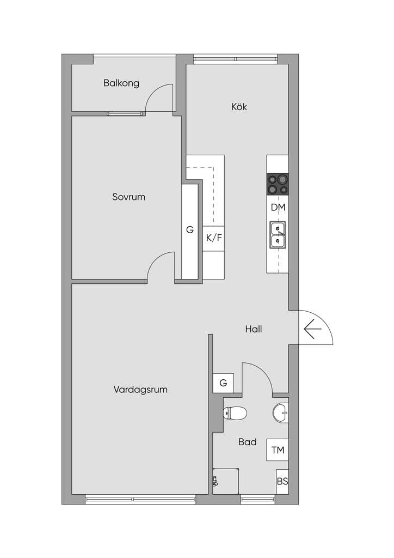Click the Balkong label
[x=121, y=83]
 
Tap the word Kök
[x=239, y=106]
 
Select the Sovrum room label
[x=128, y=197]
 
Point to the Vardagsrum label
[x=140, y=389]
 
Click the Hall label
[x=253, y=329]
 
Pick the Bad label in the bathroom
[x=247, y=442]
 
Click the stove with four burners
[x=278, y=184]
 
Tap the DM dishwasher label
[x=278, y=208]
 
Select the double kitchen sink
[x=278, y=235]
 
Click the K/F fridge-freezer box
[x=213, y=238]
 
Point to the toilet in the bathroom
[x=235, y=413]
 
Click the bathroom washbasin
[x=280, y=413]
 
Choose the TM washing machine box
[x=278, y=450]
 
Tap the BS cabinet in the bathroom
[x=282, y=482]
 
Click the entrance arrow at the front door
[x=312, y=329]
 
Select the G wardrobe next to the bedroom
[x=190, y=231]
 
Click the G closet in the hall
[x=223, y=383]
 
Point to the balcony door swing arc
[x=153, y=92]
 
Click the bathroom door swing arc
[x=263, y=371]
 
